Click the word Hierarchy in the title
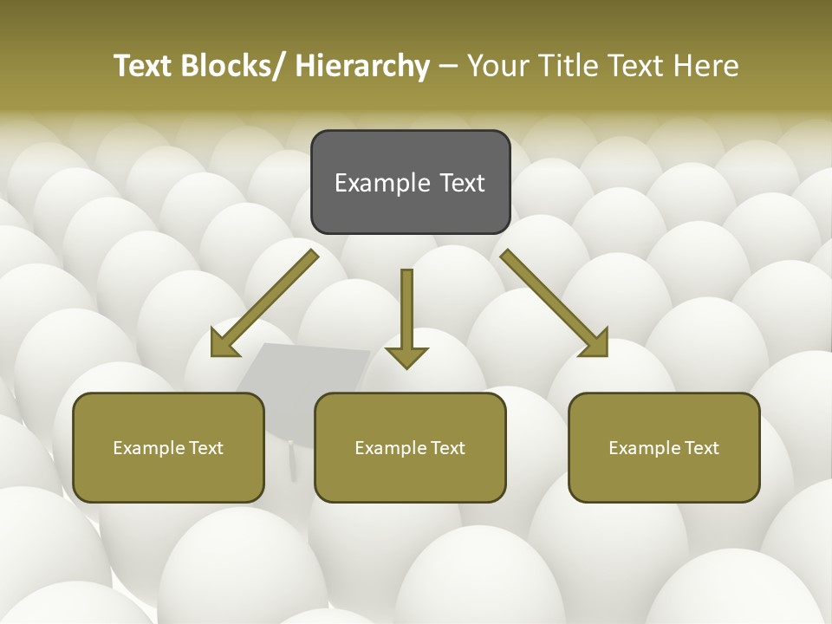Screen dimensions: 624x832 362,67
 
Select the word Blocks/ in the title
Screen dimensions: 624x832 236,67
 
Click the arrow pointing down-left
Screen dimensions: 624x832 269,300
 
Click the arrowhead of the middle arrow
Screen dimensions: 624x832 406,357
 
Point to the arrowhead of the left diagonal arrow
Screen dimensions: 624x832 224,344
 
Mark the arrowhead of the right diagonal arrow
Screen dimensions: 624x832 595,344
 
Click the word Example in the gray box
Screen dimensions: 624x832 382,184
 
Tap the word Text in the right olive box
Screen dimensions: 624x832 701,448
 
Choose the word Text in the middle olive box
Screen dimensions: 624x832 447,448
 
